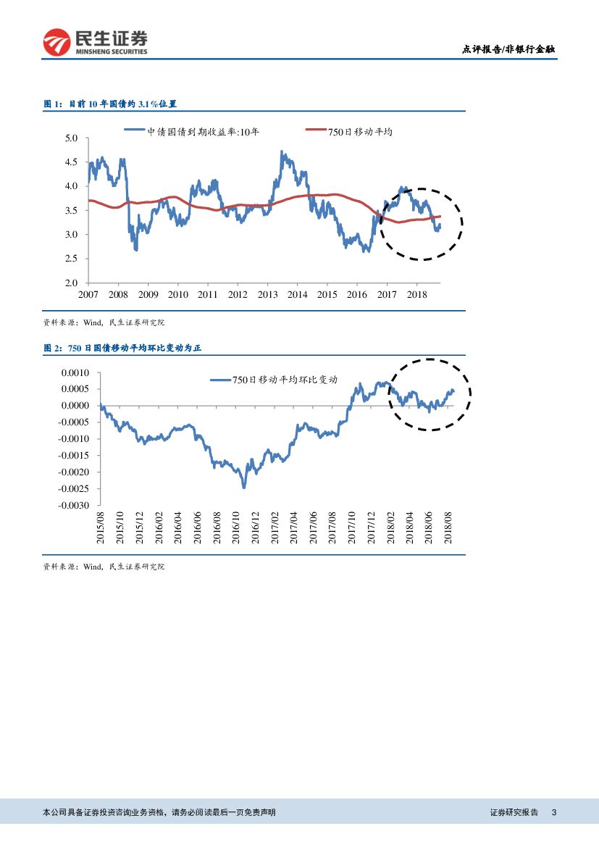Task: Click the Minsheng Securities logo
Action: click(95, 42)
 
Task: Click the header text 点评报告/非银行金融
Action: click(509, 50)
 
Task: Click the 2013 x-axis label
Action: click(267, 295)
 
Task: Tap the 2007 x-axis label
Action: click(88, 295)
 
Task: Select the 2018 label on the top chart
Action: click(416, 295)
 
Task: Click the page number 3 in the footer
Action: click(553, 813)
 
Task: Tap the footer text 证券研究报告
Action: click(514, 813)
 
